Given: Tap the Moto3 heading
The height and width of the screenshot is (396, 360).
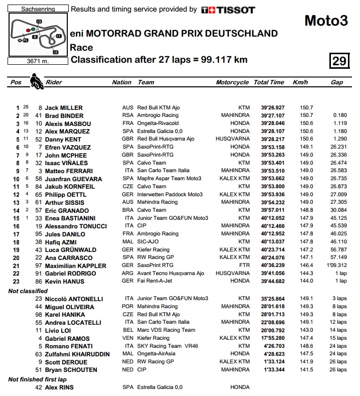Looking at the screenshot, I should (326, 21).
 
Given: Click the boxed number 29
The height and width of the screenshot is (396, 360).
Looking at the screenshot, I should (339, 61).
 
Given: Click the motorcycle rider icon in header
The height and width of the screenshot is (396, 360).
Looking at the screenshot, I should (37, 81).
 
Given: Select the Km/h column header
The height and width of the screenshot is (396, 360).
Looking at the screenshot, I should (300, 82).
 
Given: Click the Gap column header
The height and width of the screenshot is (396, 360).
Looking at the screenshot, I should (337, 82).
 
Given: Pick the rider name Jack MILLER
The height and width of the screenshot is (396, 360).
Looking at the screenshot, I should (64, 108).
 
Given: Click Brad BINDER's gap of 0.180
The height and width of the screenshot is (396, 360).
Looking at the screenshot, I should (339, 116).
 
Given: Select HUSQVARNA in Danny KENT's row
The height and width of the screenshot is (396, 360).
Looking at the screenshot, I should (232, 139).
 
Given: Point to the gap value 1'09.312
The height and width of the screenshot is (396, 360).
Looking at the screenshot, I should (336, 266).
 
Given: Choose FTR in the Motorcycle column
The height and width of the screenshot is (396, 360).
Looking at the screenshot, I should (244, 266).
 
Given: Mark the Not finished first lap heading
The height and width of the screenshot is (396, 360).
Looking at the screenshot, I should (38, 379).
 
